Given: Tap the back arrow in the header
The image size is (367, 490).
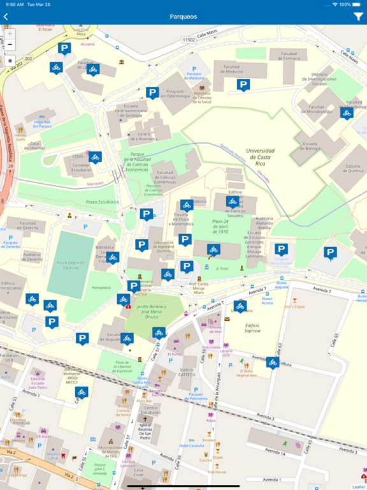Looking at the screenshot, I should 6,17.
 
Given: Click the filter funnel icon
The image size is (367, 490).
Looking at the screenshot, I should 358,17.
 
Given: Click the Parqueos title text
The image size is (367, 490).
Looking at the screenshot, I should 183,17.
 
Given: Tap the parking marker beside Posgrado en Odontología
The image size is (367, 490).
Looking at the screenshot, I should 152,93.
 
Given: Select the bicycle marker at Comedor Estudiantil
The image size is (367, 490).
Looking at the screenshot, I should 95,157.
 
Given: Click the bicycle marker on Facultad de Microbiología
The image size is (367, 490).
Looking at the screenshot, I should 347,114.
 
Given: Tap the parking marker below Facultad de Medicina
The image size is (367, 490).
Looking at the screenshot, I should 243,85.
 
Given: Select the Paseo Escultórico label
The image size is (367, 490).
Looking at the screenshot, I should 102,202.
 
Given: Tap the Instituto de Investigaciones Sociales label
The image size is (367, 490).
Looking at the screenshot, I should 328,78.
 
